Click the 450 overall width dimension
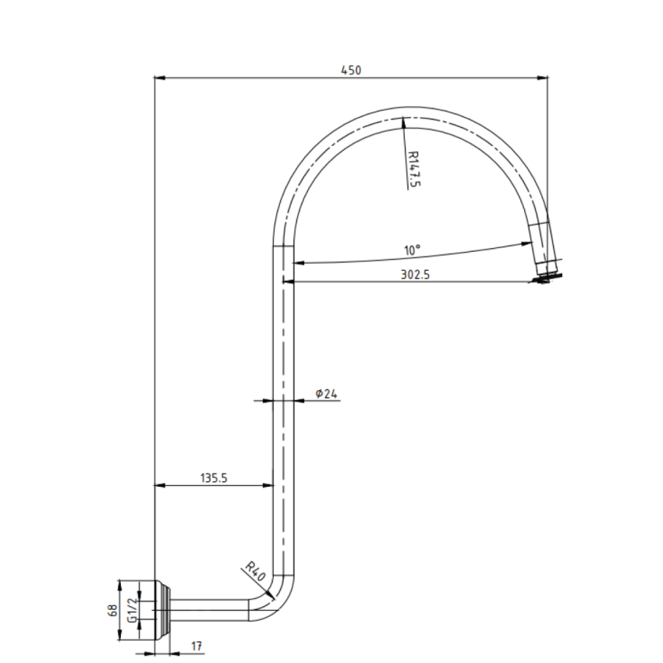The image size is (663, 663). click(x=351, y=70)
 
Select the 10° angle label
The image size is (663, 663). click(x=412, y=250)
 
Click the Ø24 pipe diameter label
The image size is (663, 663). click(x=327, y=394)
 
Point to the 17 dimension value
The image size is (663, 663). click(x=196, y=647)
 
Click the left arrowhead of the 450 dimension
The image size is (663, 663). click(x=159, y=78)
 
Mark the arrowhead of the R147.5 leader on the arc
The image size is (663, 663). click(x=403, y=121)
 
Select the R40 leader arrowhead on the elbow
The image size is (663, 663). click(x=272, y=596)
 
